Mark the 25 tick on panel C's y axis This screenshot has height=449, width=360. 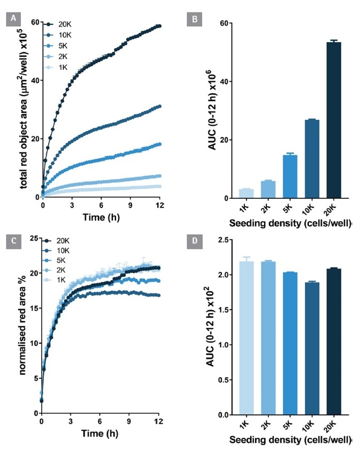pyautogui.click(x=33, y=238)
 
